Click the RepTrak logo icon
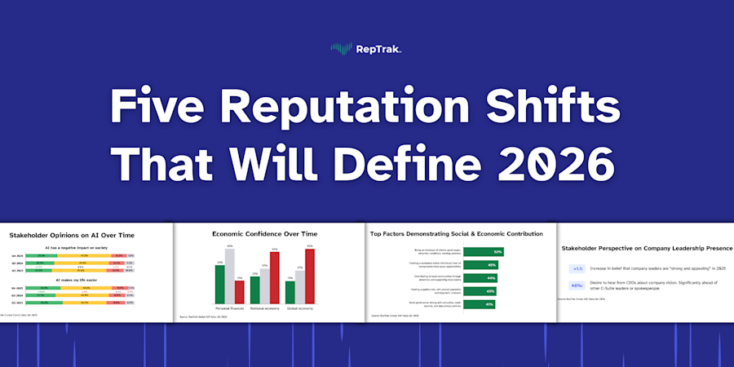pos(340,48)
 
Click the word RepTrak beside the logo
pos(377,48)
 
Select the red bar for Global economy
pos(309,277)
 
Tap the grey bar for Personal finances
pos(230,277)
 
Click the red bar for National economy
pos(275,279)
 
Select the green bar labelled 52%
pos(483,251)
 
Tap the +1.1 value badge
pos(577,268)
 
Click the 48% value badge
pos(577,285)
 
